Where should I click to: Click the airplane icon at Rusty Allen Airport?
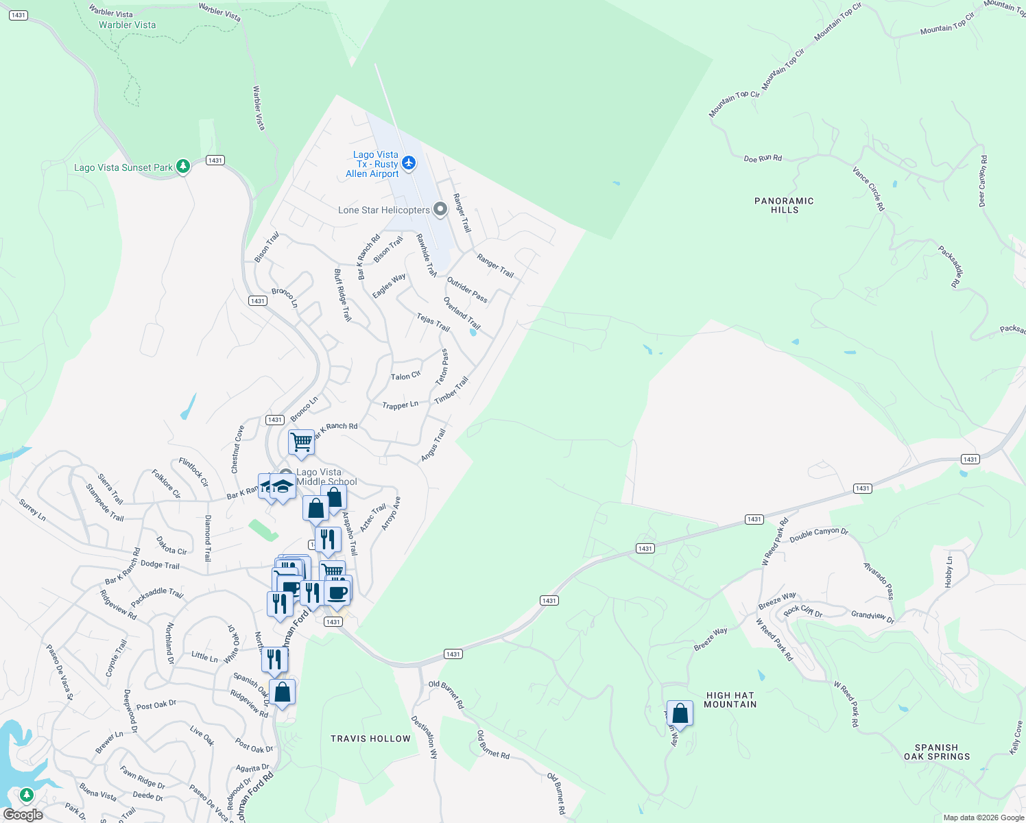pyautogui.click(x=409, y=163)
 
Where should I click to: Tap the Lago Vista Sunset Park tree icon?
pyautogui.click(x=182, y=166)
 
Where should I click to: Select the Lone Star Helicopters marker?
pyautogui.click(x=440, y=208)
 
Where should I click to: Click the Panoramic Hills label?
pyautogui.click(x=784, y=205)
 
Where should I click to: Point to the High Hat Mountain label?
pyautogui.click(x=730, y=700)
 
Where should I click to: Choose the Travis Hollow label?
pyautogui.click(x=370, y=739)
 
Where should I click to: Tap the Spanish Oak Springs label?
pyautogui.click(x=937, y=752)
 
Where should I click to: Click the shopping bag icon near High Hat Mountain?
pyautogui.click(x=680, y=713)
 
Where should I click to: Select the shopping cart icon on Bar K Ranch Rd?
pyautogui.click(x=301, y=442)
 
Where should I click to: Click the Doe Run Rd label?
pyautogui.click(x=763, y=158)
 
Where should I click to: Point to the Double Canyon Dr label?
pyautogui.click(x=819, y=535)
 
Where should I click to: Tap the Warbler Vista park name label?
pyautogui.click(x=127, y=25)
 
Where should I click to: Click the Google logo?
pyautogui.click(x=23, y=815)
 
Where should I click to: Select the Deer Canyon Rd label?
pyautogui.click(x=983, y=181)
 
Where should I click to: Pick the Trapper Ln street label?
pyautogui.click(x=400, y=405)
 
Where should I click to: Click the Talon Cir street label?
pyautogui.click(x=405, y=376)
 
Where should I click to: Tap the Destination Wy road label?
pyautogui.click(x=424, y=737)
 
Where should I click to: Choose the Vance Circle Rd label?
pyautogui.click(x=868, y=188)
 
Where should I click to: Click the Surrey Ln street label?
pyautogui.click(x=32, y=510)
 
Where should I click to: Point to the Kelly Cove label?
pyautogui.click(x=1016, y=737)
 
